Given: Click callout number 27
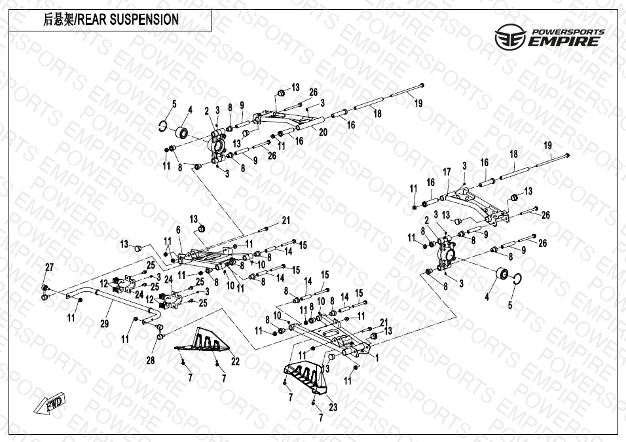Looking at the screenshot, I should pos(48,267).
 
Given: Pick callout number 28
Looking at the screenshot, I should pos(151,359).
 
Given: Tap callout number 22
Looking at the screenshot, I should pos(235,361).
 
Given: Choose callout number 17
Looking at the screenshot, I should pos(447,172).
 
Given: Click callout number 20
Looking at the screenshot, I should pos(322,132).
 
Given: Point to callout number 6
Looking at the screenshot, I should pos(177,229).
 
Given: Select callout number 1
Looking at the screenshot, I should pos(377,357).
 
